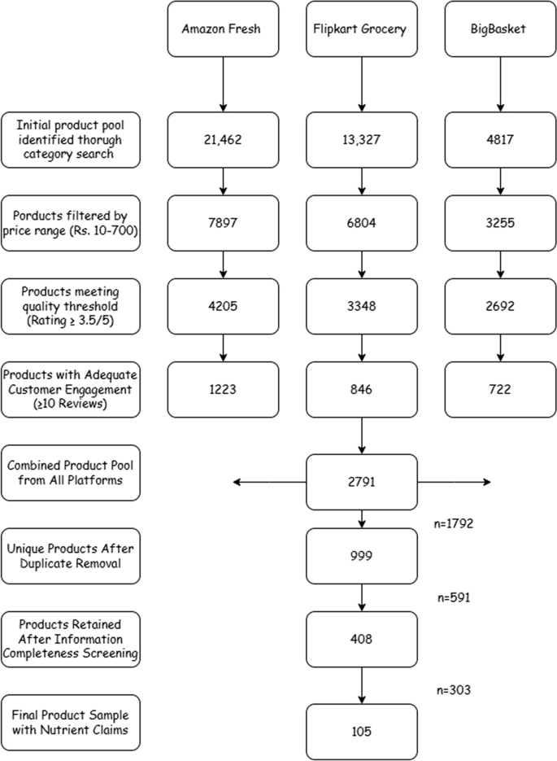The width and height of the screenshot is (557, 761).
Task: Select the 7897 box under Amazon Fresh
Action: pyautogui.click(x=222, y=222)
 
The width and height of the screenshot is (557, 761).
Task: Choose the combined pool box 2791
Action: pyautogui.click(x=361, y=482)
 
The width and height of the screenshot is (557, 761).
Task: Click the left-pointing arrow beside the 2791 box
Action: pyautogui.click(x=268, y=483)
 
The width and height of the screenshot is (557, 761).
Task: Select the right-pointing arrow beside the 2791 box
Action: pyautogui.click(x=454, y=483)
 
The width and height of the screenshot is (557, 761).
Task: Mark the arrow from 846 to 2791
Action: pyautogui.click(x=361, y=435)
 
